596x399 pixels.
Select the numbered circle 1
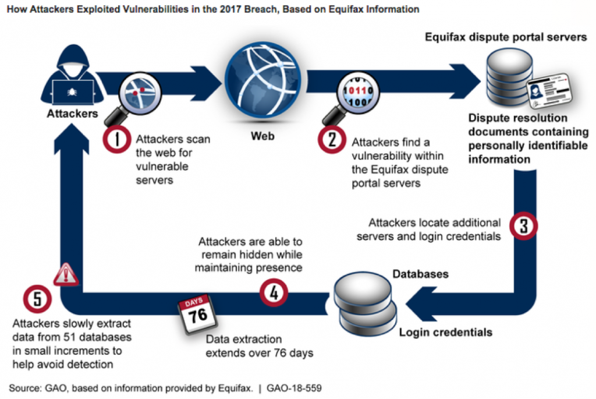tap(116, 140)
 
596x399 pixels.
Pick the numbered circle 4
tap(273, 292)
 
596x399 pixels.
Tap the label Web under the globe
tap(262, 137)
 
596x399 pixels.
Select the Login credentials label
tap(445, 333)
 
